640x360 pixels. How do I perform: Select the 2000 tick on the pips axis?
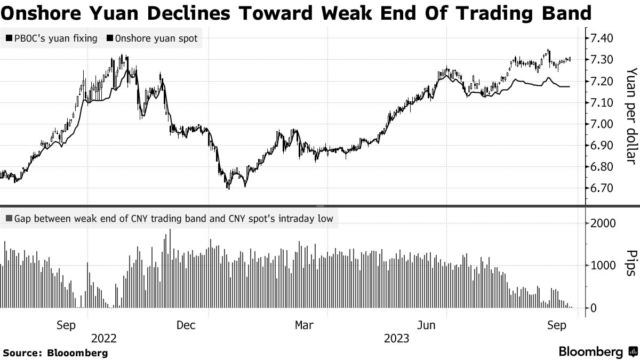(601, 223)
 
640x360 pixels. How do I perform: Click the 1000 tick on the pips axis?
(601, 265)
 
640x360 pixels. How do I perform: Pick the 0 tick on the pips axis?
(593, 308)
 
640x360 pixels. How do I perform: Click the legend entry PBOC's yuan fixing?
(51, 38)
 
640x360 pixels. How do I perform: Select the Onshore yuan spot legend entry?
(153, 38)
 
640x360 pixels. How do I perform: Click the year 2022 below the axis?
(104, 339)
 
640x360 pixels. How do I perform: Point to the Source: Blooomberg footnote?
(55, 353)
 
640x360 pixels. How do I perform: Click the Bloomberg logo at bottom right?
(597, 351)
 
